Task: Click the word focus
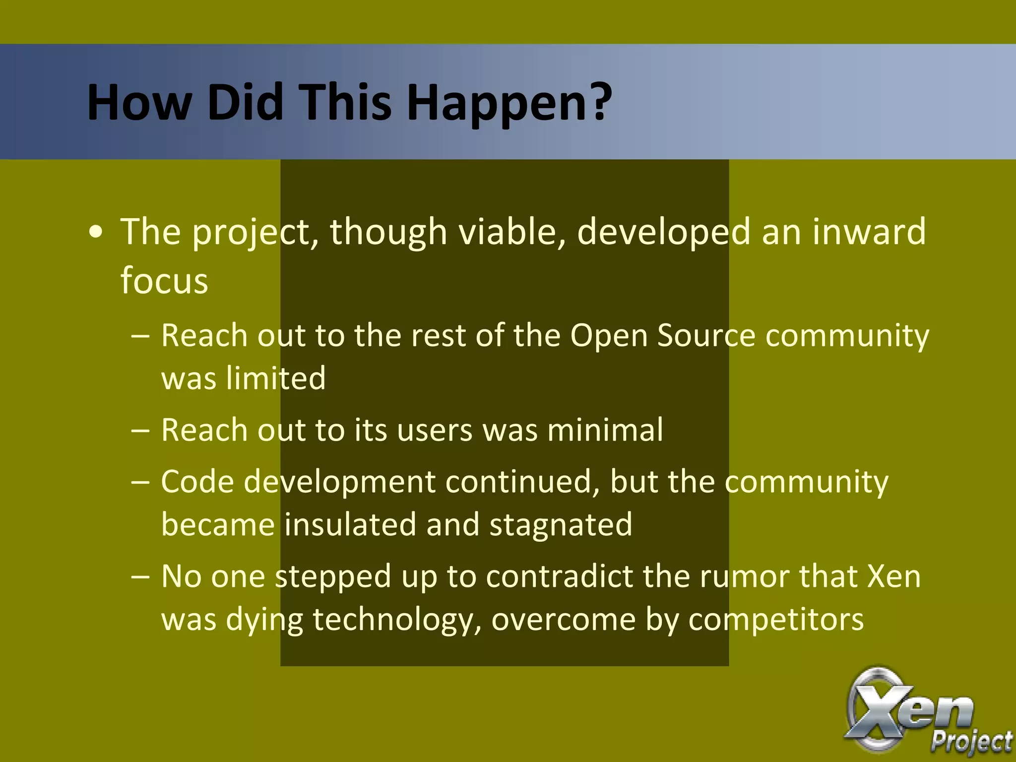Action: [x=164, y=280]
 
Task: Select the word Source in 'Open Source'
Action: [x=706, y=336]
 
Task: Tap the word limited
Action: [x=276, y=379]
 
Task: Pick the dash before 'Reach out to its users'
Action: [x=140, y=431]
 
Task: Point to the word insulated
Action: [x=350, y=525]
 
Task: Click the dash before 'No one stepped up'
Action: [x=140, y=577]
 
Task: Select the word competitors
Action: [x=776, y=620]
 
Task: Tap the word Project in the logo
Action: [x=971, y=742]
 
